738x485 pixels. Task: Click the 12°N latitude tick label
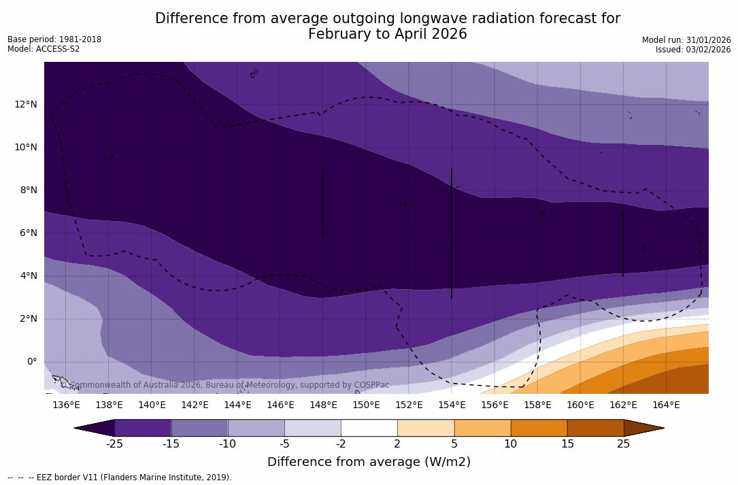(x=26, y=104)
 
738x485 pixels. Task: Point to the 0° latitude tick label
(x=32, y=361)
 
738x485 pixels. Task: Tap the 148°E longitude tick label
(x=323, y=405)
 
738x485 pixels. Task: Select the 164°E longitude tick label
(x=666, y=405)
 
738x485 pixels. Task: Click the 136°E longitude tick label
(x=66, y=405)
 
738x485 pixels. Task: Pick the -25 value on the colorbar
(x=114, y=444)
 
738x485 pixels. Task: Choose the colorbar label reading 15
(x=567, y=444)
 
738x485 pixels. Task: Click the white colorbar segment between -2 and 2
(x=369, y=428)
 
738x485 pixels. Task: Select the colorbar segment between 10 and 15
(x=539, y=428)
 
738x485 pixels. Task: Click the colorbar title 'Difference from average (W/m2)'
(x=369, y=462)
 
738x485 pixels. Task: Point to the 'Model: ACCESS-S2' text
(x=44, y=49)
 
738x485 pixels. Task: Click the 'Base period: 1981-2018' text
(x=54, y=39)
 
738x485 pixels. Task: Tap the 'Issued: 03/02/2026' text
(x=693, y=50)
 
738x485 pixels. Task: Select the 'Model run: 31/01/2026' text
(x=686, y=40)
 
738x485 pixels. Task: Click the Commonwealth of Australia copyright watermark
(x=225, y=385)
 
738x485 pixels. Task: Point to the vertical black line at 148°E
(x=323, y=201)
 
